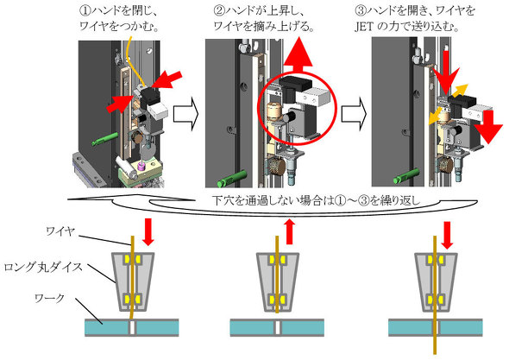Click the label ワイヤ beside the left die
(x=60, y=231)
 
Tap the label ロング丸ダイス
(x=43, y=268)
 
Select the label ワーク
(x=50, y=298)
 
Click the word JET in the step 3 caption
(x=363, y=27)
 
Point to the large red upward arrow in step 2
(x=298, y=55)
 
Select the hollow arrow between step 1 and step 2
(x=185, y=114)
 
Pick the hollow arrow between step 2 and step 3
(x=354, y=114)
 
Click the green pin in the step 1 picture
(x=104, y=139)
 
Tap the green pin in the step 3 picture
(x=407, y=176)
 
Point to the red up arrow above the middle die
(x=290, y=231)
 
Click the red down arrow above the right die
(x=447, y=235)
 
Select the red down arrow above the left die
(x=148, y=231)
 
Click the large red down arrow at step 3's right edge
(x=488, y=127)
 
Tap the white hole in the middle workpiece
(x=278, y=328)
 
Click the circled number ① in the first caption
(x=85, y=11)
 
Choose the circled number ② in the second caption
(x=219, y=11)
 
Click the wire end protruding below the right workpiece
(x=435, y=345)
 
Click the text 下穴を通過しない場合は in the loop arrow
(x=273, y=200)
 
